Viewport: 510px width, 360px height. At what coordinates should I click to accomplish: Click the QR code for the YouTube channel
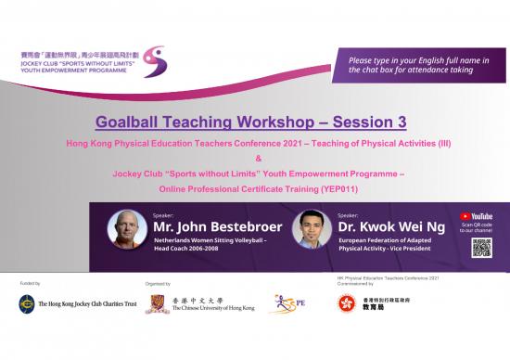pyautogui.click(x=481, y=247)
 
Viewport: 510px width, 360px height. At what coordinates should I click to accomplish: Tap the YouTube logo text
pyautogui.click(x=481, y=216)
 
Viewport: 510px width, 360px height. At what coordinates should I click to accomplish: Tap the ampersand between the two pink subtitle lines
pyautogui.click(x=256, y=158)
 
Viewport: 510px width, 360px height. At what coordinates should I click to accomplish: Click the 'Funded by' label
pyautogui.click(x=30, y=281)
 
